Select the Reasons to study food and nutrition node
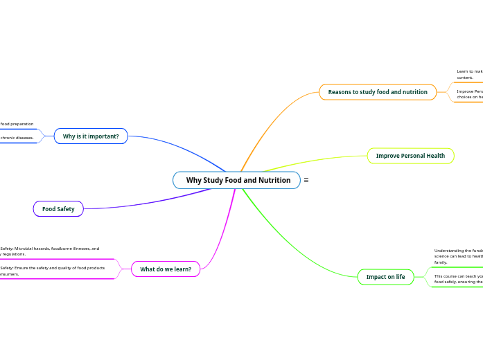pos(378,92)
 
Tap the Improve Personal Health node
pos(410,156)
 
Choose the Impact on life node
pos(385,277)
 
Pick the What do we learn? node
pos(166,269)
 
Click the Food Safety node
pos(58,208)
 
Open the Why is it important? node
pos(91,136)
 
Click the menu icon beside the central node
pos(306,180)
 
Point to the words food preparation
pos(17,124)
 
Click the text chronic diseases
pos(17,138)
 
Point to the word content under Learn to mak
pos(465,78)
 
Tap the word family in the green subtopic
pos(441,262)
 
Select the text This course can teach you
pos(458,276)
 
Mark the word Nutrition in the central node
pos(274,180)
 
